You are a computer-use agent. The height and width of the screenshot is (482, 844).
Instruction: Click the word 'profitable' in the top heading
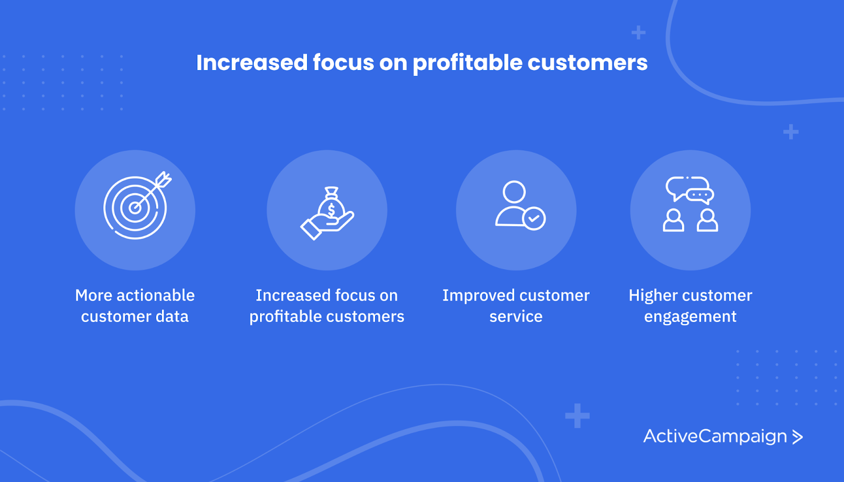click(467, 63)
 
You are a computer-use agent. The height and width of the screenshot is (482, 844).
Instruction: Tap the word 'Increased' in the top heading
click(252, 63)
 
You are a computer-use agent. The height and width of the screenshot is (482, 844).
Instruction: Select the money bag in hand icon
click(327, 213)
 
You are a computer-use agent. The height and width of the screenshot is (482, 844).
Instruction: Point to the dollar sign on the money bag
click(332, 210)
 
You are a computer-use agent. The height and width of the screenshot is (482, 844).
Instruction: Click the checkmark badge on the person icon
click(533, 218)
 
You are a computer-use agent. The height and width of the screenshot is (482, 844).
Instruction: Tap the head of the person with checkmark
click(514, 192)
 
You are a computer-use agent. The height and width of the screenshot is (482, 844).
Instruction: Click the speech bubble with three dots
click(700, 196)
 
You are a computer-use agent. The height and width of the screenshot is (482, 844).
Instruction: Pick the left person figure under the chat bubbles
click(673, 220)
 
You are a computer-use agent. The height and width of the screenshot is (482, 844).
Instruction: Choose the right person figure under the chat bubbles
click(707, 220)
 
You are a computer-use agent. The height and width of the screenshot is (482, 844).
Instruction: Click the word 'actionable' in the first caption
click(156, 295)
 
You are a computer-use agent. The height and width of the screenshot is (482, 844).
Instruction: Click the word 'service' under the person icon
click(516, 317)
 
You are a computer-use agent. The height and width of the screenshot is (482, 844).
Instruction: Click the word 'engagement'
click(690, 317)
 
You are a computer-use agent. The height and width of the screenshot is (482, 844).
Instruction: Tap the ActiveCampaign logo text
click(715, 437)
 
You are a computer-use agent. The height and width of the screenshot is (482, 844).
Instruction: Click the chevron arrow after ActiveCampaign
click(797, 437)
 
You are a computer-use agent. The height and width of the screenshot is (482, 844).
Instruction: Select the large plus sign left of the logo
click(577, 416)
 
